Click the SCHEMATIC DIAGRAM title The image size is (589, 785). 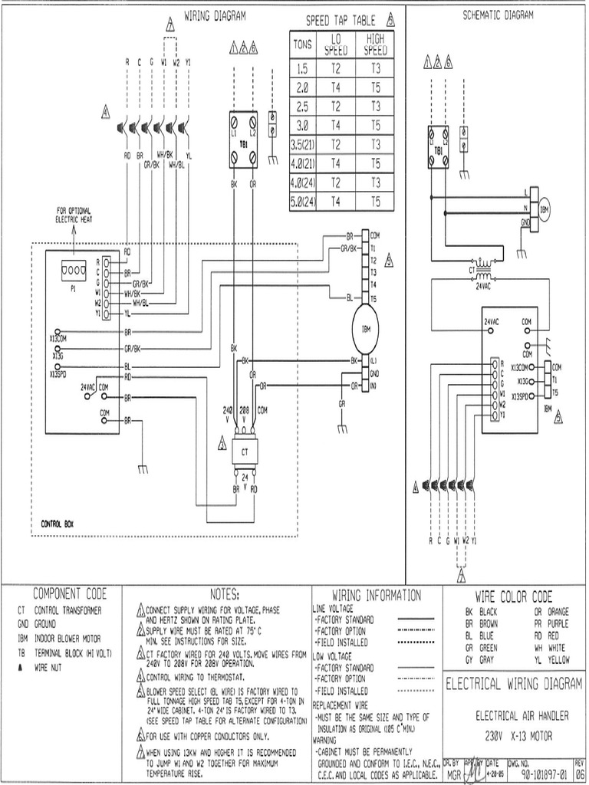coord(496,15)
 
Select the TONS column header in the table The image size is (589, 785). coord(301,44)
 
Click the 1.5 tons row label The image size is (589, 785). coord(301,68)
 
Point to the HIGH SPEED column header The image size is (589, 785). coord(376,44)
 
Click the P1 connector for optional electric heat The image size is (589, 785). coord(74,271)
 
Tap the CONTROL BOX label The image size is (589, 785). coord(61,525)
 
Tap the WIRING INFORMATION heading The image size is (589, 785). coord(376,595)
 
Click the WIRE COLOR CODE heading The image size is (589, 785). coord(513,596)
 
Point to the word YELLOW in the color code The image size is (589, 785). coord(558,660)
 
